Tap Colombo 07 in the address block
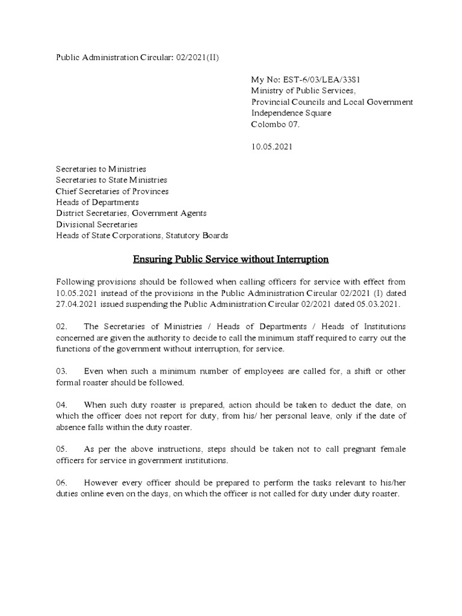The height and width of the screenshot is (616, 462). pyautogui.click(x=275, y=125)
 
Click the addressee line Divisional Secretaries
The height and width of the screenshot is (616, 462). pyautogui.click(x=97, y=224)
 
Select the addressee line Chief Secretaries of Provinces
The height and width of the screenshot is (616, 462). pyautogui.click(x=112, y=191)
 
